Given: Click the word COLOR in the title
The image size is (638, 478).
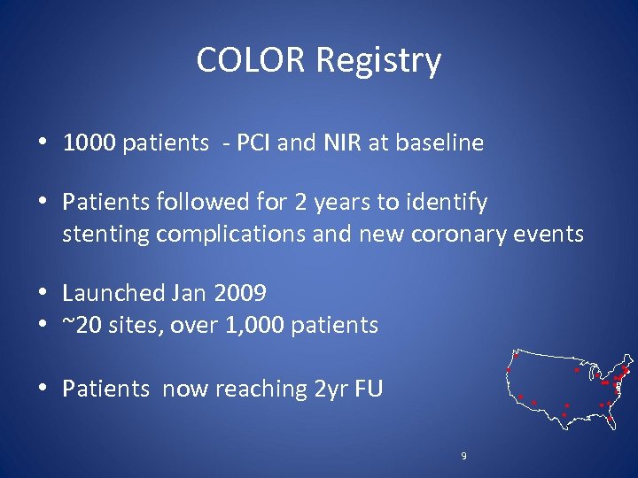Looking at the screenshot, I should (x=252, y=60).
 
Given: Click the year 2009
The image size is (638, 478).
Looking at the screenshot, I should (x=238, y=293).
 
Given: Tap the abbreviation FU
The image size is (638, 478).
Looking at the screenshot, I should (x=367, y=389).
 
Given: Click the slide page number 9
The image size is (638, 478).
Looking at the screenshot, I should (x=463, y=456).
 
